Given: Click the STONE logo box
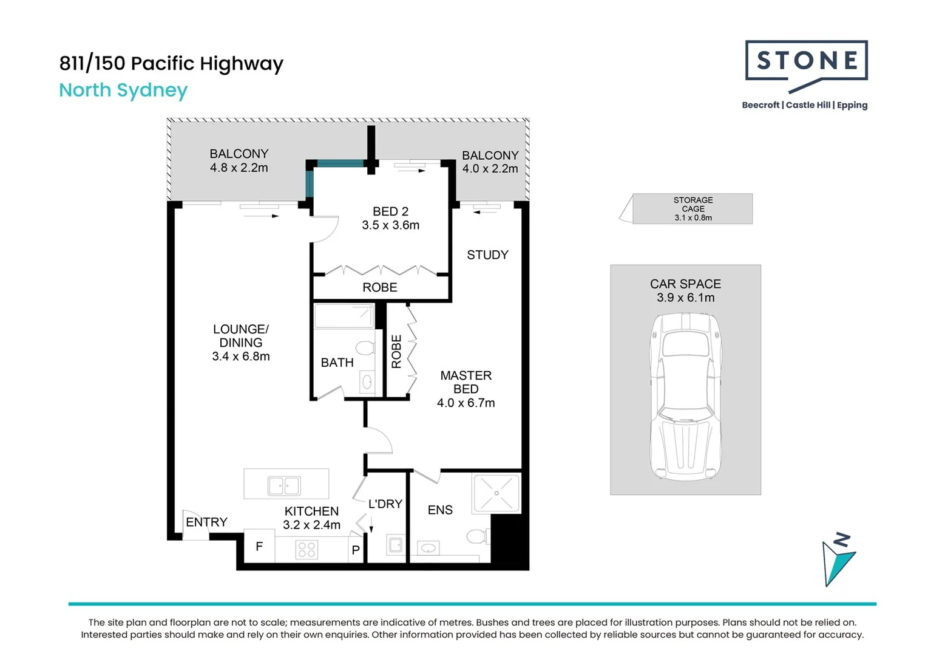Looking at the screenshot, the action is coord(806,61).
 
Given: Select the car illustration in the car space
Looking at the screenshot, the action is coord(686,397).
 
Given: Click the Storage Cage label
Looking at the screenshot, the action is coord(693,208).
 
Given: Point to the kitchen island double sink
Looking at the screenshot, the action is coord(284,485).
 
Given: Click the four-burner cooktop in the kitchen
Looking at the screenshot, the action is coord(307,550).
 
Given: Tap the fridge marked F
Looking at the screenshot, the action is coord(259,546).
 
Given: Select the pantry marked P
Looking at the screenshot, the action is coord(356,550).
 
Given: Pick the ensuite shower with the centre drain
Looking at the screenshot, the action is coord(496,493).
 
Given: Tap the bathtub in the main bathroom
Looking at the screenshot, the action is coord(344,316).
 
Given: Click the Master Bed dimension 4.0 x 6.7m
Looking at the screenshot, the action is coord(466,403).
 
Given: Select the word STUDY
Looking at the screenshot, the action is coord(487,255).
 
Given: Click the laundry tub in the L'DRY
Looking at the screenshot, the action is coord(396,544).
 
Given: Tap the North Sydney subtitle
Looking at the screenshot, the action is coord(123,91).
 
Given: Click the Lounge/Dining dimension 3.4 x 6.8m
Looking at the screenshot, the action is coord(241,356).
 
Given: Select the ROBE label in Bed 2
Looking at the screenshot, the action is coord(380,287).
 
